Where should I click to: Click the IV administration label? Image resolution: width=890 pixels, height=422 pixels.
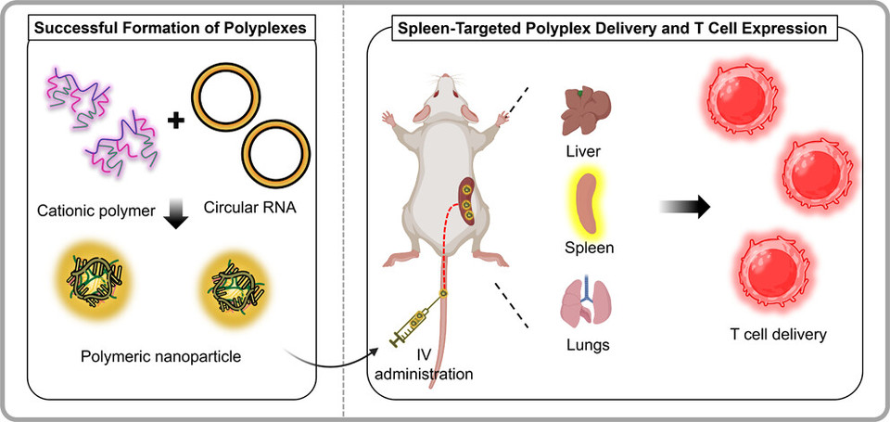click(430, 366)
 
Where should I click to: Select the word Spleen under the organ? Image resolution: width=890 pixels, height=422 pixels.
click(590, 249)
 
